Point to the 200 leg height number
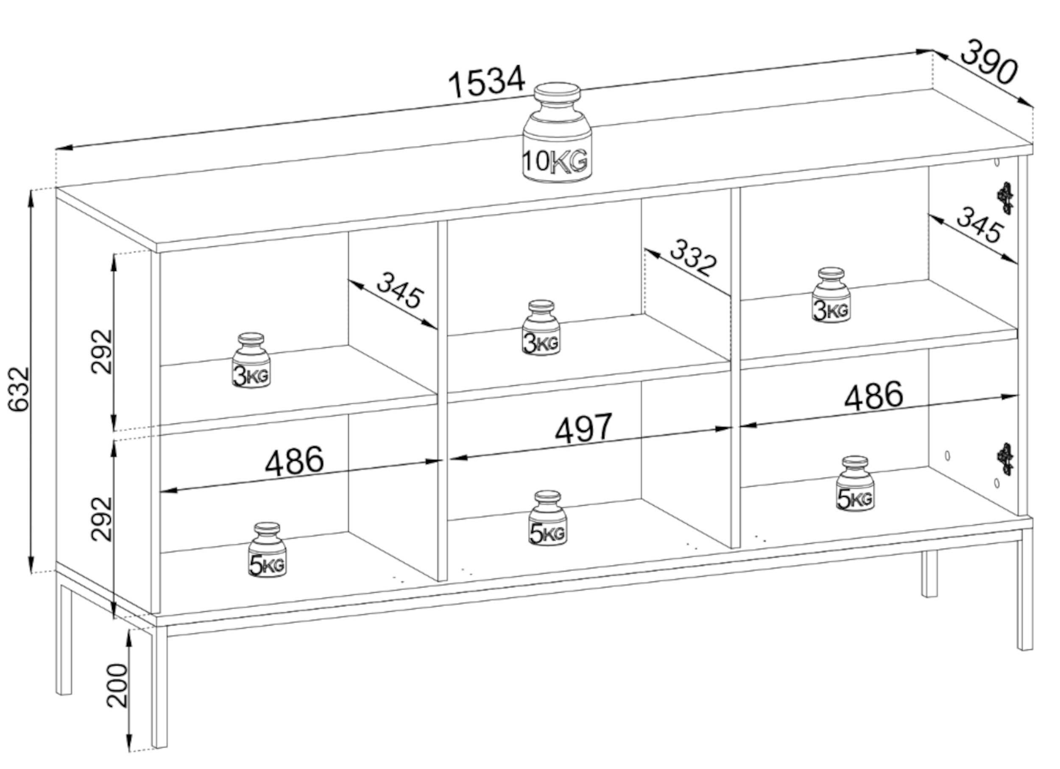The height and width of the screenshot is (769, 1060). [x=117, y=685]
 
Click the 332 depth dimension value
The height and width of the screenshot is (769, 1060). [x=693, y=257]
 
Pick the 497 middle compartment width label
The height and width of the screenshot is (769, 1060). [x=583, y=428]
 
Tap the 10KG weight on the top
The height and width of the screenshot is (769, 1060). [x=557, y=133]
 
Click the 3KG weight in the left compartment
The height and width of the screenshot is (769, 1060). [x=251, y=360]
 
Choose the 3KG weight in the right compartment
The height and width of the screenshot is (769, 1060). [x=831, y=295]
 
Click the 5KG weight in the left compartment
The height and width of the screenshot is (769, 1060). [x=268, y=549]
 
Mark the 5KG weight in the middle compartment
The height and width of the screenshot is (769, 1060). [x=548, y=518]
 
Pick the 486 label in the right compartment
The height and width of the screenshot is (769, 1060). [x=873, y=396]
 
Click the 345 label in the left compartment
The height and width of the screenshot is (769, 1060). [x=401, y=290]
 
